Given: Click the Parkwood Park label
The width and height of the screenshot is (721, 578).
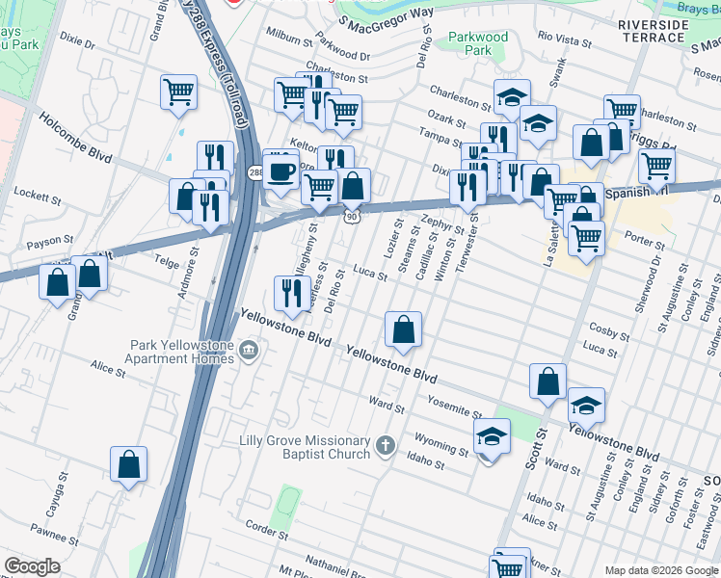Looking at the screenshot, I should [x=477, y=43].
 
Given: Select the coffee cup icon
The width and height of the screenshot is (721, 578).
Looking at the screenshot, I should [x=280, y=170].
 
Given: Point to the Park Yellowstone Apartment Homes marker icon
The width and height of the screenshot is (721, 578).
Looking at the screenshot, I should [x=249, y=348].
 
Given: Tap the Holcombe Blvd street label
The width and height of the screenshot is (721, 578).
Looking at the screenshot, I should [x=75, y=139].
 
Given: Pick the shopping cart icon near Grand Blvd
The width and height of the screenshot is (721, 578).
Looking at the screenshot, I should [x=178, y=93].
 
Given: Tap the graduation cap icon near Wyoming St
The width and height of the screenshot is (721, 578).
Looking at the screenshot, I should [x=491, y=438].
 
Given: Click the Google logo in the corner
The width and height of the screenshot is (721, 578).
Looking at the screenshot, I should [x=32, y=566].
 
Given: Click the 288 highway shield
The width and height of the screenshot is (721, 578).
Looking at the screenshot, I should [x=254, y=172].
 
